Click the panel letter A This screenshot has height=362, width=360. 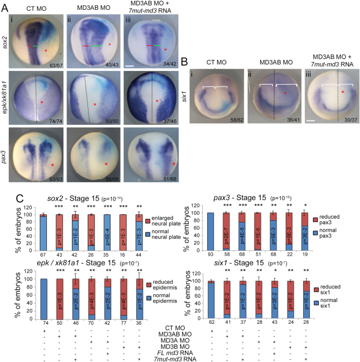tap(5, 5)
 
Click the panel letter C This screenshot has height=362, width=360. tap(5, 190)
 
